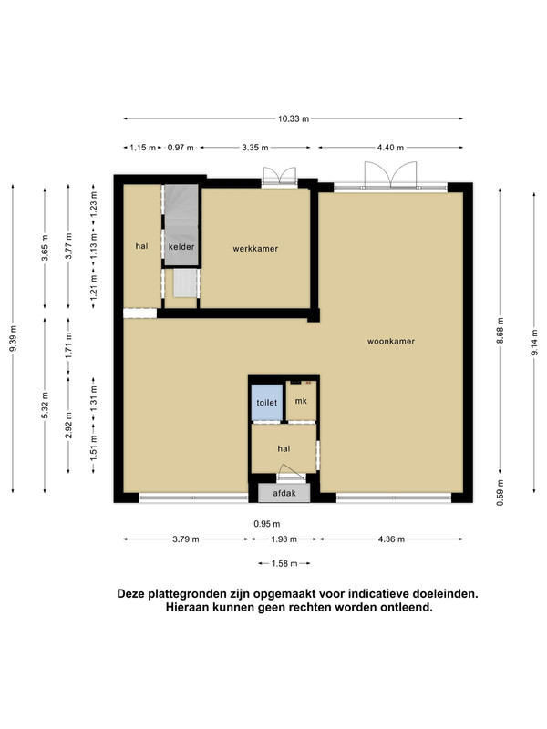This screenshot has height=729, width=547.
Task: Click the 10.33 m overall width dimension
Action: (294, 118)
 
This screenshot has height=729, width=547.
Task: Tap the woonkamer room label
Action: (391, 341)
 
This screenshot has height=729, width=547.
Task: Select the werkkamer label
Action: (255, 249)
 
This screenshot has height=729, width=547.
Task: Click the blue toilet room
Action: (267, 402)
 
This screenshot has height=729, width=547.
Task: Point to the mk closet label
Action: (301, 401)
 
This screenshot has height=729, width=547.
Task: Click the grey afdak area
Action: (284, 493)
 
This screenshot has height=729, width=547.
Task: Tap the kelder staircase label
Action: (181, 247)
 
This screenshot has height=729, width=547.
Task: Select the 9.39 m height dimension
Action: (13, 338)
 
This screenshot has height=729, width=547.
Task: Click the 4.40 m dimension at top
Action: (390, 148)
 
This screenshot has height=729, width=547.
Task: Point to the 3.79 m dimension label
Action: (186, 539)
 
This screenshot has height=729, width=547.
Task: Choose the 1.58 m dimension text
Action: (284, 563)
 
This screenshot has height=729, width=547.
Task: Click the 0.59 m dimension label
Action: (500, 493)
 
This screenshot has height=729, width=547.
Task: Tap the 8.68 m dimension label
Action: (500, 331)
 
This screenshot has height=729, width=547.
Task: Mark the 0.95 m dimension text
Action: (267, 524)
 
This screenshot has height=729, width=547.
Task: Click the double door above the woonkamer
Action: (391, 175)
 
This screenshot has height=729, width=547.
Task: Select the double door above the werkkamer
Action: (280, 177)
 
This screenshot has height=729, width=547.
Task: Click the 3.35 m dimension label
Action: (255, 148)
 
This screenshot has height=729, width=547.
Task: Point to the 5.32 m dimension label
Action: (45, 406)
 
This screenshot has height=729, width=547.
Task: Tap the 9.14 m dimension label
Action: (534, 343)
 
